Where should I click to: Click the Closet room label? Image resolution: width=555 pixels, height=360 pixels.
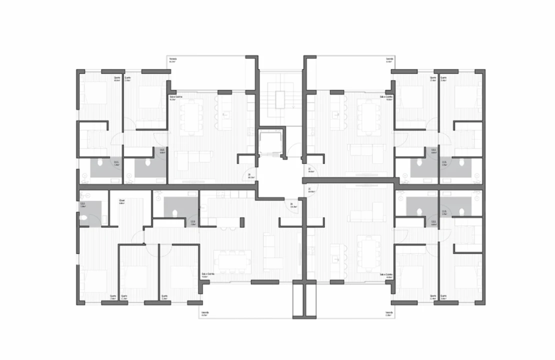click(121, 201)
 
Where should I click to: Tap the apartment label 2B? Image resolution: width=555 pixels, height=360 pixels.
click(249, 174)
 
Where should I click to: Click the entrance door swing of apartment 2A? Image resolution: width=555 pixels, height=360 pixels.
click(293, 210)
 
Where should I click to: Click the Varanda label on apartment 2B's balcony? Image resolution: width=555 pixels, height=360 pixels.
click(172, 59)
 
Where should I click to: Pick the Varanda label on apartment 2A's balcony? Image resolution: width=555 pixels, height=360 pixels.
click(204, 313)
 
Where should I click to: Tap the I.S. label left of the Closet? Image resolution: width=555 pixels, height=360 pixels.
click(83, 203)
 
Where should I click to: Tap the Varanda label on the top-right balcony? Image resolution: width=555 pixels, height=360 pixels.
click(389, 59)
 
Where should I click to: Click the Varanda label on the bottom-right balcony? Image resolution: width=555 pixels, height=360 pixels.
click(388, 313)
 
